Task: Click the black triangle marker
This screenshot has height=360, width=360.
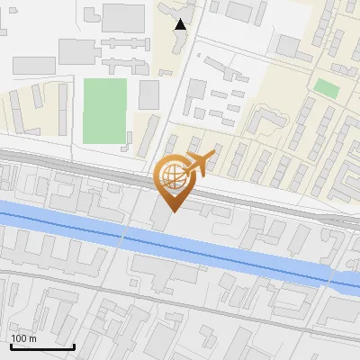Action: (181, 25)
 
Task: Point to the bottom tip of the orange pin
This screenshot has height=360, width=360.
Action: (172, 211)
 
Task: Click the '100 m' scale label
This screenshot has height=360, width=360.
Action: (24, 338)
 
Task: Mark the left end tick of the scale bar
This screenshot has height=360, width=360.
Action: (11, 346)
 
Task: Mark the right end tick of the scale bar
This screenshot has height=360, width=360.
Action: (74, 346)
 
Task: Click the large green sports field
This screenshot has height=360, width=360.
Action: (104, 110)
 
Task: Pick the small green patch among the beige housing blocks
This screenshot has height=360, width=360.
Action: (327, 88)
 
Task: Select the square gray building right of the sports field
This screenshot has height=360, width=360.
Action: (148, 94)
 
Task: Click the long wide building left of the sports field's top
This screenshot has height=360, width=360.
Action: (34, 65)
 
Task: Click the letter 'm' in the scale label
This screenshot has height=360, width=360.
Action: (33, 338)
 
